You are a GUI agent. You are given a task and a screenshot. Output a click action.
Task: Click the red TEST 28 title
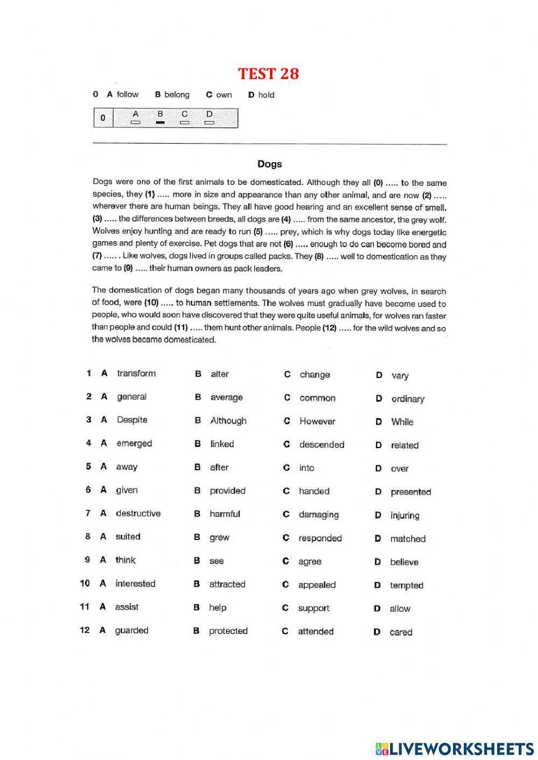[268, 73]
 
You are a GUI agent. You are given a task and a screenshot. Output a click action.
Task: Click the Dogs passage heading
[269, 164]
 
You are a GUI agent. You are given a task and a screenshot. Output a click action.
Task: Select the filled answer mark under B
[160, 123]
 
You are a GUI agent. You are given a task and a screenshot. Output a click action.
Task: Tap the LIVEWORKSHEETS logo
[454, 748]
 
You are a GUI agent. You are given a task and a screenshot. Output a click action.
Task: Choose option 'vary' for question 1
[400, 375]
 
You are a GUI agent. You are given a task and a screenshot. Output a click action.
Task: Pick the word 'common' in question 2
[317, 398]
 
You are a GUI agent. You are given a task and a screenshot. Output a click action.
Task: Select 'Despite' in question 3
[132, 420]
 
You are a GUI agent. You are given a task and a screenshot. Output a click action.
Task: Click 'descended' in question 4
[321, 445]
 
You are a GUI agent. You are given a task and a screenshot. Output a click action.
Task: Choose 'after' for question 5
[219, 467]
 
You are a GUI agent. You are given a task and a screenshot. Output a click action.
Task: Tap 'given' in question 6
[126, 490]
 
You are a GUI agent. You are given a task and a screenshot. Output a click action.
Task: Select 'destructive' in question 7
[138, 514]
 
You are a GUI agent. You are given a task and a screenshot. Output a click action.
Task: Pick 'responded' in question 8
[320, 538]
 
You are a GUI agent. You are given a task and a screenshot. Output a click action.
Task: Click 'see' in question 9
[216, 561]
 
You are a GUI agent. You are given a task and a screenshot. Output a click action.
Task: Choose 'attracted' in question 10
[227, 584]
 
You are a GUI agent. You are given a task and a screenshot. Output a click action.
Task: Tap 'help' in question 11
[217, 608]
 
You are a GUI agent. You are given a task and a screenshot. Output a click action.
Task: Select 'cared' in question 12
[401, 633]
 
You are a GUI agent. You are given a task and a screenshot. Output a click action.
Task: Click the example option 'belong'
[176, 95]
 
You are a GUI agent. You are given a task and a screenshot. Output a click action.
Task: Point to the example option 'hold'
[266, 95]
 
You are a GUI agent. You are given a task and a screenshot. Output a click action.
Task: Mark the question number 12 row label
[84, 630]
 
